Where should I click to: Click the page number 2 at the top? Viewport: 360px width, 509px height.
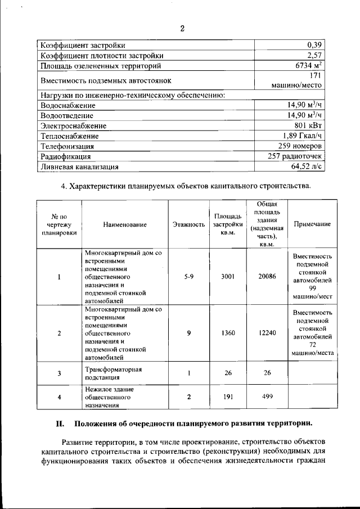pos(182,29)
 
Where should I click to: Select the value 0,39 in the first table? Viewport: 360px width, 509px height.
pos(314,46)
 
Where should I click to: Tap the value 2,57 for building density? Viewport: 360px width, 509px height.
pos(314,56)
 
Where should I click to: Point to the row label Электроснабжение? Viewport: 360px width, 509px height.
pos(73,126)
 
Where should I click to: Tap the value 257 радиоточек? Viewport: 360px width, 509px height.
pos(296,156)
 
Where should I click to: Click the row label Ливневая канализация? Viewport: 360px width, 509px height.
pos(79,166)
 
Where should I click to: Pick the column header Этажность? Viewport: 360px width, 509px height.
pos(188,224)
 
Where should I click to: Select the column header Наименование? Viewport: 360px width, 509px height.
pos(125,224)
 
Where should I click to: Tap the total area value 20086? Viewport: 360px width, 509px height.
pos(267,277)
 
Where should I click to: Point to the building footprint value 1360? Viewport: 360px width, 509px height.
pos(228,333)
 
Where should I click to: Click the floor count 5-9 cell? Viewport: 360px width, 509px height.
pos(188,277)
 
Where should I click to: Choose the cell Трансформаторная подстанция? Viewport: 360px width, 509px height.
pos(112,373)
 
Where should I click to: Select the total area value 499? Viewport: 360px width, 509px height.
pos(267,397)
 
